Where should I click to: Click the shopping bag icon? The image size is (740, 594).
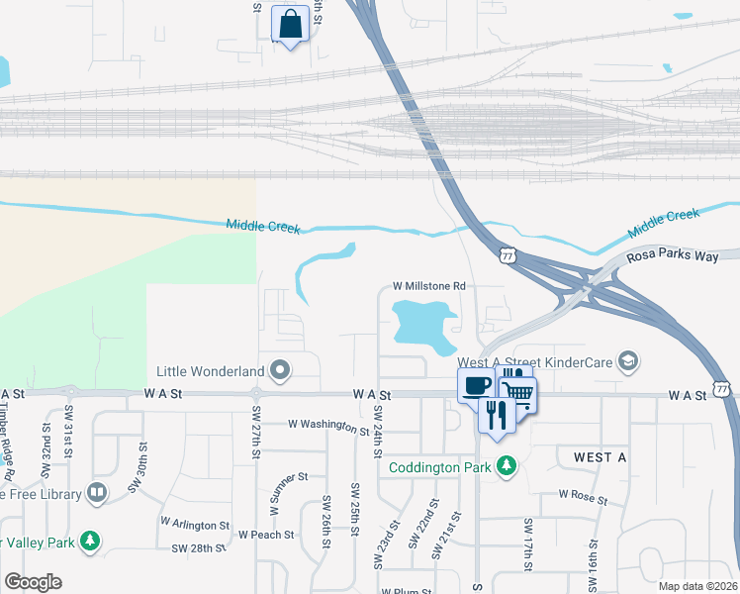click(x=291, y=25)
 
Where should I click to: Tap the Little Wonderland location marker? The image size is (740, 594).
click(x=280, y=371)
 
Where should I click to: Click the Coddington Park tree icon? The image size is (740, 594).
click(x=507, y=465)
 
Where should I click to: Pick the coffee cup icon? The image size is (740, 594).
click(x=475, y=384)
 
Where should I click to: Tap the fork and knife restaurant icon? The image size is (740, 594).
click(x=497, y=413)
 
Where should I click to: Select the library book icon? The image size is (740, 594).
click(x=96, y=492)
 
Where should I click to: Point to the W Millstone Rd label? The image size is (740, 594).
click(x=429, y=286)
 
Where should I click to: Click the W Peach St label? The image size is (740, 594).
click(x=265, y=534)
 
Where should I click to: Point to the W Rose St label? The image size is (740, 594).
click(x=582, y=494)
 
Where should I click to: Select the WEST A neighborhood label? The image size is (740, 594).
click(x=601, y=456)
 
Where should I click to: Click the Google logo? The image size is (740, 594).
click(x=33, y=582)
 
